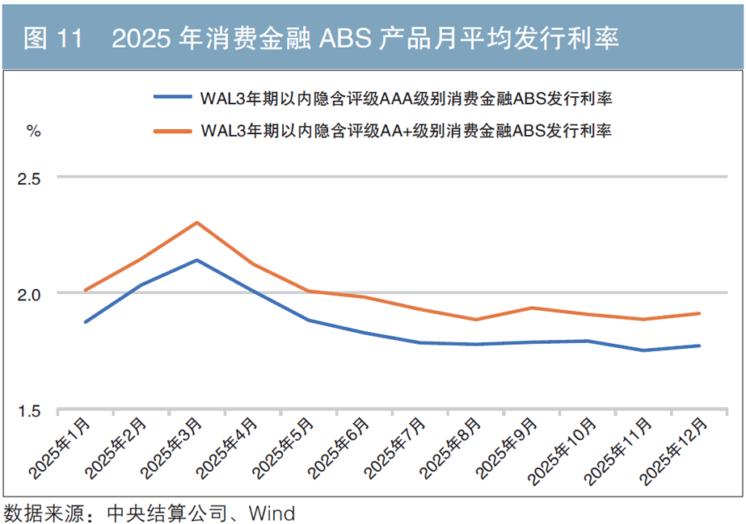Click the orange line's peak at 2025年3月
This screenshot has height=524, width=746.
pyautogui.click(x=197, y=223)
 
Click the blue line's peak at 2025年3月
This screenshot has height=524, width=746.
pyautogui.click(x=197, y=260)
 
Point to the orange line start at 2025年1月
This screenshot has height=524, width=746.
pyautogui.click(x=85, y=290)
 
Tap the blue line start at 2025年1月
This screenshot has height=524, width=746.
pyautogui.click(x=85, y=321)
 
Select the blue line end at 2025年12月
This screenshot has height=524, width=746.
pyautogui.click(x=699, y=346)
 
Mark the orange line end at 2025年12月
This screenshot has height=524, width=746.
pyautogui.click(x=699, y=313)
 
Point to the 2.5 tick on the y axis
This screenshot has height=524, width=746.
pyautogui.click(x=29, y=177)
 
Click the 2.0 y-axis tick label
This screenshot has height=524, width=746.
pyautogui.click(x=29, y=294)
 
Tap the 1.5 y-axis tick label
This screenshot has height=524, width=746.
pyautogui.click(x=29, y=411)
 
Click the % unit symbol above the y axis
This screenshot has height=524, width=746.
pyautogui.click(x=33, y=132)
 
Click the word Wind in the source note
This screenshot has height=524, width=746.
pyautogui.click(x=272, y=513)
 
